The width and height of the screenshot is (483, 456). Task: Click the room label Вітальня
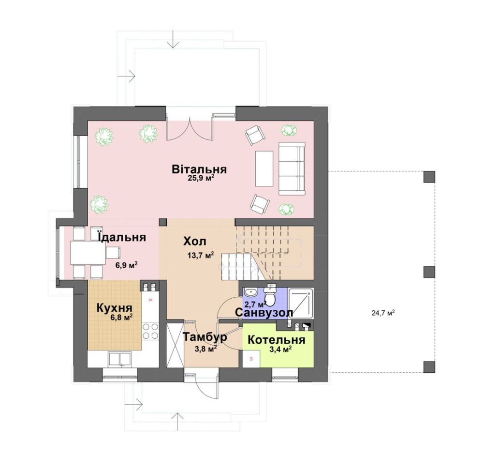click(x=199, y=169)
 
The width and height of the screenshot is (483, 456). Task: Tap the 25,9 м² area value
click(x=201, y=178)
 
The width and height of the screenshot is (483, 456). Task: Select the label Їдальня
click(x=121, y=237)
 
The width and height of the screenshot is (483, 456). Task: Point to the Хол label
click(x=195, y=241)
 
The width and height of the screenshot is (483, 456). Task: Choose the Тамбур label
click(x=205, y=337)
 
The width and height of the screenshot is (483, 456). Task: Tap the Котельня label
click(x=276, y=340)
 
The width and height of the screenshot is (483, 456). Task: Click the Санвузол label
click(x=263, y=313)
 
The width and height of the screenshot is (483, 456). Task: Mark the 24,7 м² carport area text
click(x=383, y=313)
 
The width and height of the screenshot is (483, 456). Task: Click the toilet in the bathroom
click(x=271, y=295)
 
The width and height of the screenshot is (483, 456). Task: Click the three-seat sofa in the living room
click(x=292, y=168)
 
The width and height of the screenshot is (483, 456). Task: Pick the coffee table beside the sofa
click(x=264, y=168)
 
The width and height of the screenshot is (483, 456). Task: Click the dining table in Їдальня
click(x=88, y=253)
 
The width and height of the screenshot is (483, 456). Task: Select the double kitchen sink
click(x=120, y=360)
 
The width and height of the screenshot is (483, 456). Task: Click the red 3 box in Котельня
click(x=251, y=359)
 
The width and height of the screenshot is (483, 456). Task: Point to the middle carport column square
click(x=429, y=272)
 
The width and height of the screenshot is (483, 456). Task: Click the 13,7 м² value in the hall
click(x=200, y=255)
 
